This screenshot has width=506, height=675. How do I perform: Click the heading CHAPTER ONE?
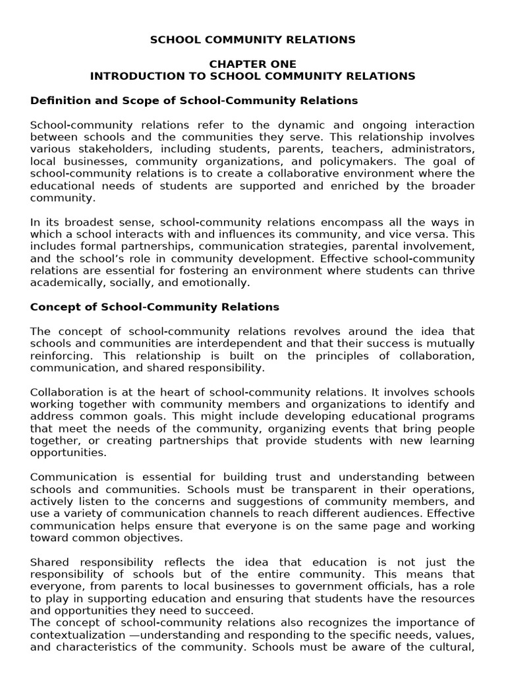253,64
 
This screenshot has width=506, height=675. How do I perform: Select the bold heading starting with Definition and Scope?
194,100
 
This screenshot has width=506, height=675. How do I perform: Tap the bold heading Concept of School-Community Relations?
155,307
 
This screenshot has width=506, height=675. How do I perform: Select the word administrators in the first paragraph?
437,149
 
